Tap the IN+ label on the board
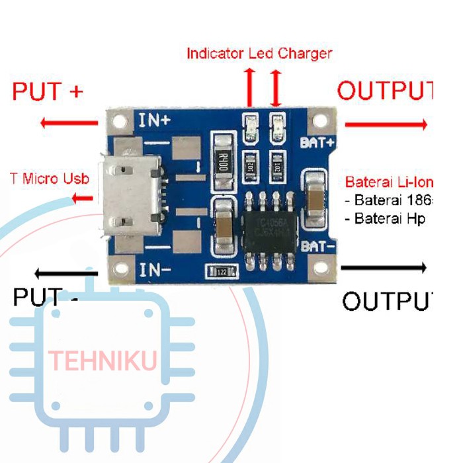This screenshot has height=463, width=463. [x=153, y=120]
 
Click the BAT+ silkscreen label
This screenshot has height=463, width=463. [x=317, y=142]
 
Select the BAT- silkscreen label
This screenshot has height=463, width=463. [x=318, y=246]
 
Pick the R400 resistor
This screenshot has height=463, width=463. [x=222, y=159]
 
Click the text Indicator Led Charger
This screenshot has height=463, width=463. [x=259, y=53]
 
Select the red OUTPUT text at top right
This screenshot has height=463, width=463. [x=384, y=91]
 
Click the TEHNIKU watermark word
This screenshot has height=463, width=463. [x=103, y=361]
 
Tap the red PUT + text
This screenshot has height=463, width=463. [x=48, y=91]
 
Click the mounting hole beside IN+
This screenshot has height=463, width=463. [x=120, y=122]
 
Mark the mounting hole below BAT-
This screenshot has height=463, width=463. [x=321, y=267]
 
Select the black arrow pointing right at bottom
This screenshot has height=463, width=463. [x=384, y=268]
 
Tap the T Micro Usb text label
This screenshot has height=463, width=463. [x=50, y=179]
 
